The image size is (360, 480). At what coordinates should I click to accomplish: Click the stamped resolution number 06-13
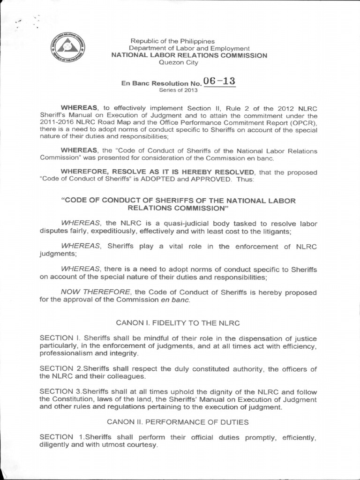coord(219,81)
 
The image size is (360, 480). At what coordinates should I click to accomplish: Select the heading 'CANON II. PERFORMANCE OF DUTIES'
coord(178,422)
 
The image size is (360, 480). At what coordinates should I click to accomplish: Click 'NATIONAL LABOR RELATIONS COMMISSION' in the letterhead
coord(189,55)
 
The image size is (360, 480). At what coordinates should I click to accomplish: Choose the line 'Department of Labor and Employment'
coord(189,48)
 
